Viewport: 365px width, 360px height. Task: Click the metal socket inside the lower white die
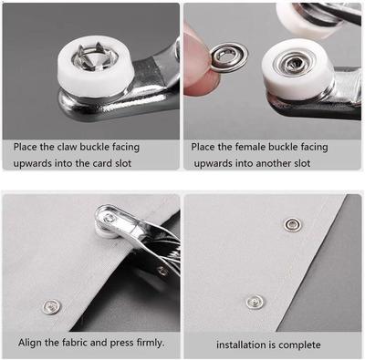pyautogui.click(x=294, y=64)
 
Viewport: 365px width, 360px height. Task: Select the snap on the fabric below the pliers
pyautogui.click(x=51, y=306)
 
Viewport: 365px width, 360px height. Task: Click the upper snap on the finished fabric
pyautogui.click(x=291, y=224)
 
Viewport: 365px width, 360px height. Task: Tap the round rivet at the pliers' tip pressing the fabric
pyautogui.click(x=109, y=219)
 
